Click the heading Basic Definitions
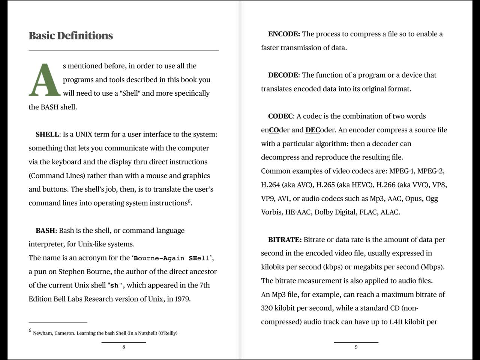(x=70, y=36)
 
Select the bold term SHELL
(x=47, y=134)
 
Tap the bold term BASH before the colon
(x=45, y=230)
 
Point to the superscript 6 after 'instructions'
(x=189, y=201)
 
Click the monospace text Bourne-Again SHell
(x=172, y=258)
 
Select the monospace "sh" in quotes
(x=115, y=285)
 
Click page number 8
(x=124, y=347)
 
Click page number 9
(x=356, y=347)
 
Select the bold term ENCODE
(x=284, y=34)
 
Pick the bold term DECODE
(x=283, y=75)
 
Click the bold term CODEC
(x=280, y=116)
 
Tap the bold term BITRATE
(x=285, y=240)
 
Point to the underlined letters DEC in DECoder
(x=312, y=130)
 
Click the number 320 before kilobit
(x=267, y=308)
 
